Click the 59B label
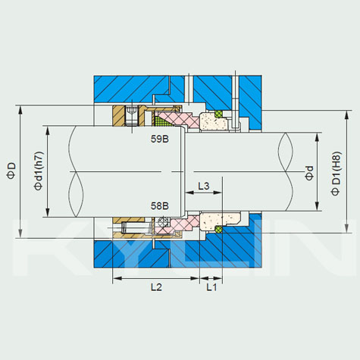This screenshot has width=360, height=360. [x=160, y=139]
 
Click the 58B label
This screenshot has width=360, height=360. [x=160, y=206]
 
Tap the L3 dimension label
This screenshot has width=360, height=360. [x=204, y=186]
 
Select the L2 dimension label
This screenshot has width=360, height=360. [x=156, y=287]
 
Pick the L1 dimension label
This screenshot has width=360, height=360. [x=211, y=287]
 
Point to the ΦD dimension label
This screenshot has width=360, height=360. [x=11, y=171]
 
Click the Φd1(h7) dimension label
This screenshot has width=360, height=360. [x=39, y=171]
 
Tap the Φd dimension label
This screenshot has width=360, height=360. [x=309, y=173]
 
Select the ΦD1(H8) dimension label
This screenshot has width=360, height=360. [x=336, y=174]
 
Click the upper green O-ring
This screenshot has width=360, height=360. [x=219, y=114]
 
